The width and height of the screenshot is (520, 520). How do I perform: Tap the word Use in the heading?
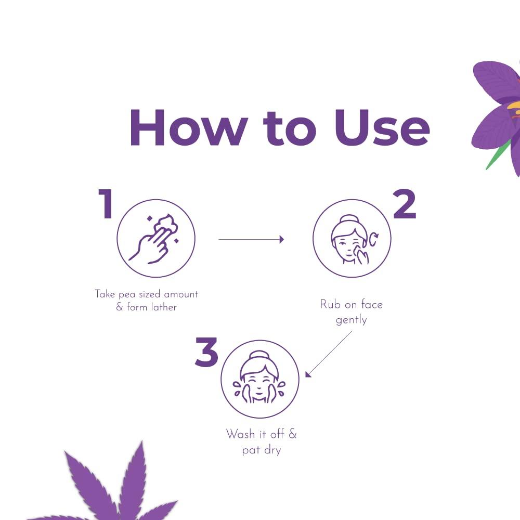click(x=382, y=127)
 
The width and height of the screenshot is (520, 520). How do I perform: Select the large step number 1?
click(x=106, y=203)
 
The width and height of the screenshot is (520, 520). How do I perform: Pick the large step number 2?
click(x=405, y=204)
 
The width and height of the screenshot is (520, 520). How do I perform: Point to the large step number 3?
click(x=206, y=352)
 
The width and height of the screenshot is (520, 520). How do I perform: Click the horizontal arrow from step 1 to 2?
click(x=251, y=239)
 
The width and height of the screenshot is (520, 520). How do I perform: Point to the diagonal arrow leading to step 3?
click(x=328, y=354)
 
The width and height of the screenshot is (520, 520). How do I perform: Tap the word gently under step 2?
click(x=351, y=320)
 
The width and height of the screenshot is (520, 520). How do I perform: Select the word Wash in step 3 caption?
click(x=241, y=434)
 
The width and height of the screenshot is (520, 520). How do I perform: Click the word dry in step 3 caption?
click(x=272, y=451)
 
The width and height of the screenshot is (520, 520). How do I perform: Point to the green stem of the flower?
click(x=498, y=156)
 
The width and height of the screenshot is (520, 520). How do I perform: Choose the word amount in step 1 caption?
click(x=181, y=294)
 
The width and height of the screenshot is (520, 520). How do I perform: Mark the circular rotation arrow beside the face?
click(x=374, y=239)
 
